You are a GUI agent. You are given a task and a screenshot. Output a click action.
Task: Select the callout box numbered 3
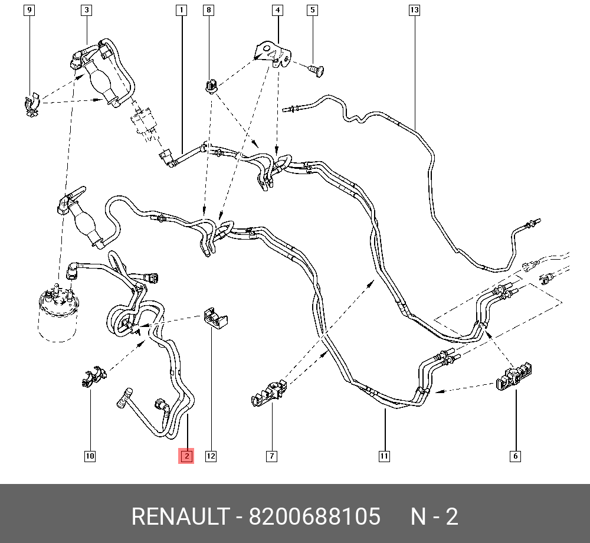click(x=87, y=10)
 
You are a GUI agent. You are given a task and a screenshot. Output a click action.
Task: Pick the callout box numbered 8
click(x=208, y=10)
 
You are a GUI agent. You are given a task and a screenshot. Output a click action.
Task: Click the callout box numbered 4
click(x=277, y=10)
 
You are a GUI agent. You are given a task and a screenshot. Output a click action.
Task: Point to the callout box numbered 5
click(x=313, y=10)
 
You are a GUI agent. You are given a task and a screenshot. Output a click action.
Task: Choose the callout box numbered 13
click(x=414, y=10)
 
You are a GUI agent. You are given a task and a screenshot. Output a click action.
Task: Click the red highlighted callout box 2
click(x=186, y=456)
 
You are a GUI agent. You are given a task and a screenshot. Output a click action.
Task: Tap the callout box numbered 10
click(x=90, y=456)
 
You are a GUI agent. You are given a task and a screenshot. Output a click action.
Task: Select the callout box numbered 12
click(x=211, y=456)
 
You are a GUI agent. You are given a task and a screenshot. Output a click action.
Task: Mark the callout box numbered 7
click(x=271, y=456)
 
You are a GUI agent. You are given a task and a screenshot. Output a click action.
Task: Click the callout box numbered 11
click(x=384, y=456)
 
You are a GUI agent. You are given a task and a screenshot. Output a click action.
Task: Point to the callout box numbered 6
click(x=515, y=456)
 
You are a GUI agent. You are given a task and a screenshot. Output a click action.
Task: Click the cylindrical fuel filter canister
click(x=57, y=316)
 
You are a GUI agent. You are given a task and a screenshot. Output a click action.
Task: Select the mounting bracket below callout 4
click(x=271, y=52)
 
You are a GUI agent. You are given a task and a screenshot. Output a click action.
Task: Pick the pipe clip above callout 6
click(x=512, y=377)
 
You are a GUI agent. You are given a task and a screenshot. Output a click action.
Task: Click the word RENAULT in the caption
click(x=179, y=517)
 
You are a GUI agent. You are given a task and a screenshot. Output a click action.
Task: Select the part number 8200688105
click(x=314, y=517)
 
